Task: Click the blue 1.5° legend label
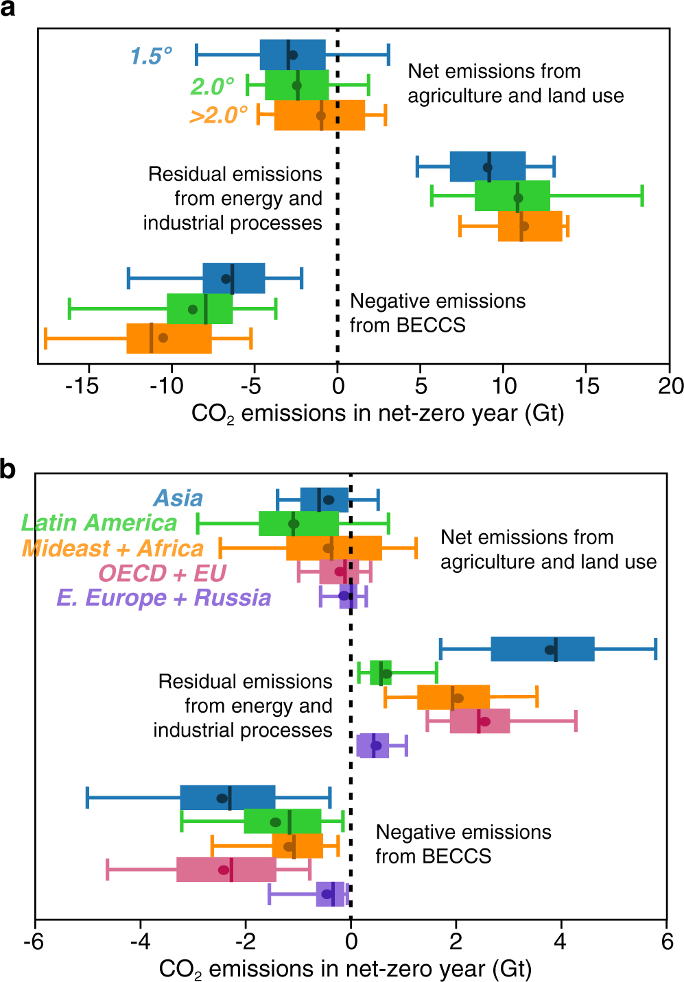[x=151, y=56]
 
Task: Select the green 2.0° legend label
[x=212, y=86]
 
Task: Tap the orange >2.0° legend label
[x=218, y=114]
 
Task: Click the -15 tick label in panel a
[x=82, y=386]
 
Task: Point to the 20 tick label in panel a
[x=670, y=386]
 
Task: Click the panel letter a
[x=8, y=10]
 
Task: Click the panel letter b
[x=8, y=470]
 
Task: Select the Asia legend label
[x=178, y=498]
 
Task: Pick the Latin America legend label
[x=99, y=523]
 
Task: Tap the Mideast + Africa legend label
[x=113, y=548]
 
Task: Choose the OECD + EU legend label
[x=162, y=573]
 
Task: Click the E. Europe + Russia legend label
[x=163, y=598]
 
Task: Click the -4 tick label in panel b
[x=140, y=941]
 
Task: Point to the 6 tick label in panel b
[x=667, y=941]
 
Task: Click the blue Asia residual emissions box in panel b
[x=542, y=649]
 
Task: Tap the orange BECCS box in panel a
[x=169, y=339]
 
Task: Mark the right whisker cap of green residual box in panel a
[x=642, y=196]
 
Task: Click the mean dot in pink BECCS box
[x=224, y=870]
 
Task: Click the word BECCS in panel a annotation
[x=433, y=325]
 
